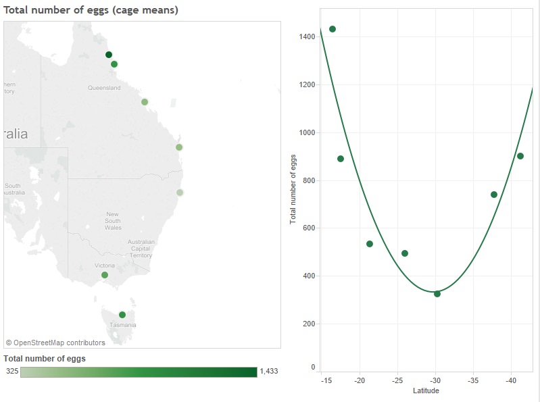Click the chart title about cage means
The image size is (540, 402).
tap(91, 10)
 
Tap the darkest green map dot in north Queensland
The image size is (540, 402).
tap(108, 55)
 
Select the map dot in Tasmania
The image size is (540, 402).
tap(122, 315)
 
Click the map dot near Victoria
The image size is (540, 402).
tap(105, 275)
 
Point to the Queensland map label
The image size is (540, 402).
tap(104, 88)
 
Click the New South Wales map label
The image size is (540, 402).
tap(113, 221)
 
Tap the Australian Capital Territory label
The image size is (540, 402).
tap(141, 248)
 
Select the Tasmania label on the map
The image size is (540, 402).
tap(123, 325)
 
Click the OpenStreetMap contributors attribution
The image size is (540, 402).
tap(55, 343)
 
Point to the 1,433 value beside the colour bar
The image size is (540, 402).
tap(269, 371)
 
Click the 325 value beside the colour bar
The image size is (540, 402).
tap(12, 371)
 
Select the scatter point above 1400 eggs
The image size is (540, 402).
tap(333, 29)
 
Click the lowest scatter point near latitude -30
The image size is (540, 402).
tap(437, 294)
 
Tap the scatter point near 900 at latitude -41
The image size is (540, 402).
tap(520, 156)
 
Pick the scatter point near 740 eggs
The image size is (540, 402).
tap(494, 195)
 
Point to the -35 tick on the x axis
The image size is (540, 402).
tap(473, 380)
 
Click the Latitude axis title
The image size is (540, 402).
tap(426, 391)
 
